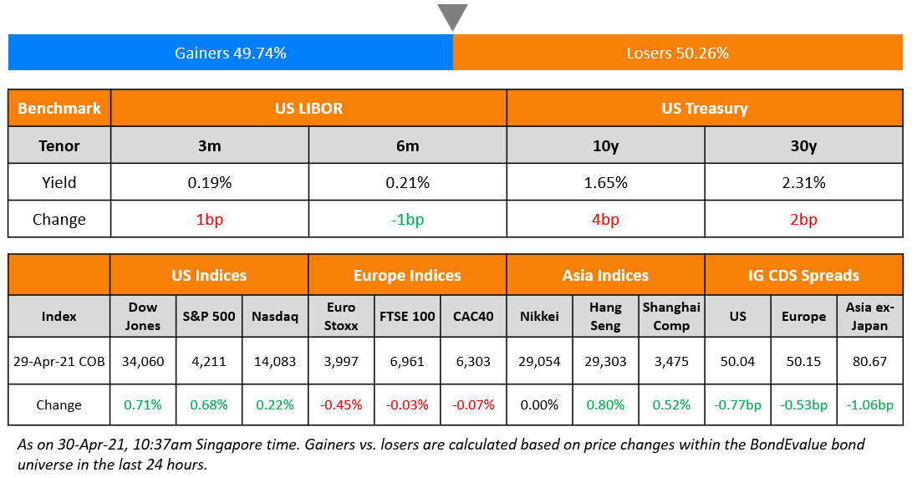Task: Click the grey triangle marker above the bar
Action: coord(452,16)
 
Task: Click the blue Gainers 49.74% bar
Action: coord(231,53)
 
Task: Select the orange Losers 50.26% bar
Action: coord(677,53)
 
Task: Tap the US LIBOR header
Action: coord(308,108)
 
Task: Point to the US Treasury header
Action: coord(704,108)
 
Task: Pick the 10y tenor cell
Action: coord(605,145)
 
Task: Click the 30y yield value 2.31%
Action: coord(802,182)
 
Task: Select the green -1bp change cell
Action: coord(407,220)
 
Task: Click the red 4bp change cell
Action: coord(605,220)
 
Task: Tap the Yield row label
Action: coord(59,182)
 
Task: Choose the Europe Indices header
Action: coord(407,275)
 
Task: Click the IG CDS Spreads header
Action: coord(803,275)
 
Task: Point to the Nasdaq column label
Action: coord(275,316)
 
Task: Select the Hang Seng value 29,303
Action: coord(605,361)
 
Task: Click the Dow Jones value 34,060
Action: coord(142,361)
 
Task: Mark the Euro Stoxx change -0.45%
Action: coord(341,404)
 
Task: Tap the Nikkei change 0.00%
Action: coord(539,404)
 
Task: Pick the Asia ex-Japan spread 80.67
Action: coord(869,361)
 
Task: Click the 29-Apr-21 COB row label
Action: coord(59,361)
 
